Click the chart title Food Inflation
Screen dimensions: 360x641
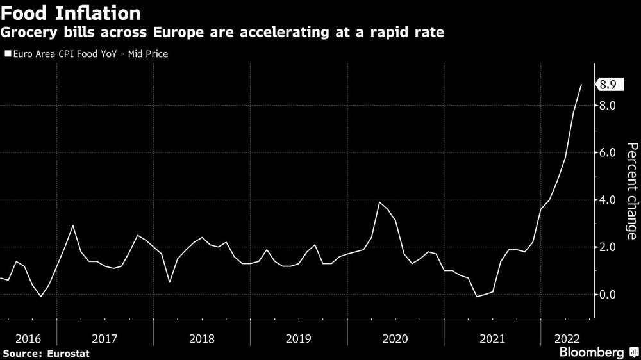pos(71,13)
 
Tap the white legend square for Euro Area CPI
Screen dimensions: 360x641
pos(7,54)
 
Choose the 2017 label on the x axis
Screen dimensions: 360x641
pos(104,339)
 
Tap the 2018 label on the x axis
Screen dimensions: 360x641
pos(201,339)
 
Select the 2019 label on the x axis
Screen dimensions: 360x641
pos(298,339)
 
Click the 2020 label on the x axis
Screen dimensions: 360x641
pos(395,339)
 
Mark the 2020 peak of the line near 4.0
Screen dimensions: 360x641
pos(379,202)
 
